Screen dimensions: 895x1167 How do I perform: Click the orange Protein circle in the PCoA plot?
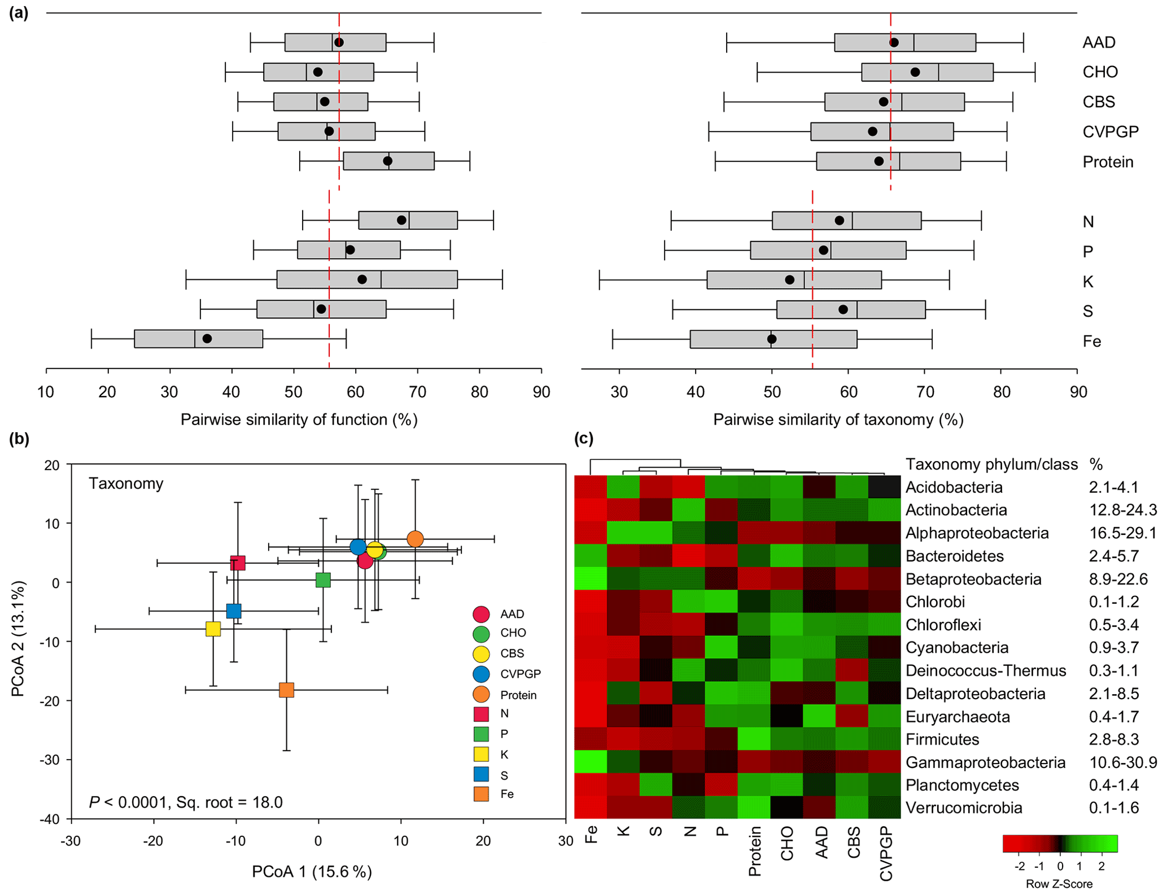(415, 539)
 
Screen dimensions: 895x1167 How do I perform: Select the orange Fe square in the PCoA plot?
(286, 690)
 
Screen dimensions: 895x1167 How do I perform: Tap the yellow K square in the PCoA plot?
(213, 629)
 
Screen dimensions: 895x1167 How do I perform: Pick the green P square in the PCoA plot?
(323, 580)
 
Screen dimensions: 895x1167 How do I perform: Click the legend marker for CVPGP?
(481, 674)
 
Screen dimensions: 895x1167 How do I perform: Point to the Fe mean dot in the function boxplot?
(207, 339)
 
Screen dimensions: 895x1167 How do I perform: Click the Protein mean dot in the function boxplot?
(388, 161)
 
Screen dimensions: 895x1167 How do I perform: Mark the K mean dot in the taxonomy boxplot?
(790, 280)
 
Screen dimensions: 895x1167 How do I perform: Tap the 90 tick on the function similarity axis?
(541, 392)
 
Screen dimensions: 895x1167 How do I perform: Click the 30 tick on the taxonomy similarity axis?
(619, 392)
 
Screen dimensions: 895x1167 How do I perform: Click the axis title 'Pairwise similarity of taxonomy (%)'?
(838, 419)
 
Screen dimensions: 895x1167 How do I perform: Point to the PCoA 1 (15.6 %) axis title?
(312, 871)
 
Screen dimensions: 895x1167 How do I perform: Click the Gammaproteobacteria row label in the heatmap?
(985, 762)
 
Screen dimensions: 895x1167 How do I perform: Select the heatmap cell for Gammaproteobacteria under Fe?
(591, 762)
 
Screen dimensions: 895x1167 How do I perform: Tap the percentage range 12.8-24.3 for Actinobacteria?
(1122, 510)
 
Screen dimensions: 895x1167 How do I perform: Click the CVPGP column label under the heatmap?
(886, 853)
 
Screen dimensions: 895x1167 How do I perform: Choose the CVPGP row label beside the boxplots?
(1110, 132)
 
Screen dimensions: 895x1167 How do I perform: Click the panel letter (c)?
(583, 438)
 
